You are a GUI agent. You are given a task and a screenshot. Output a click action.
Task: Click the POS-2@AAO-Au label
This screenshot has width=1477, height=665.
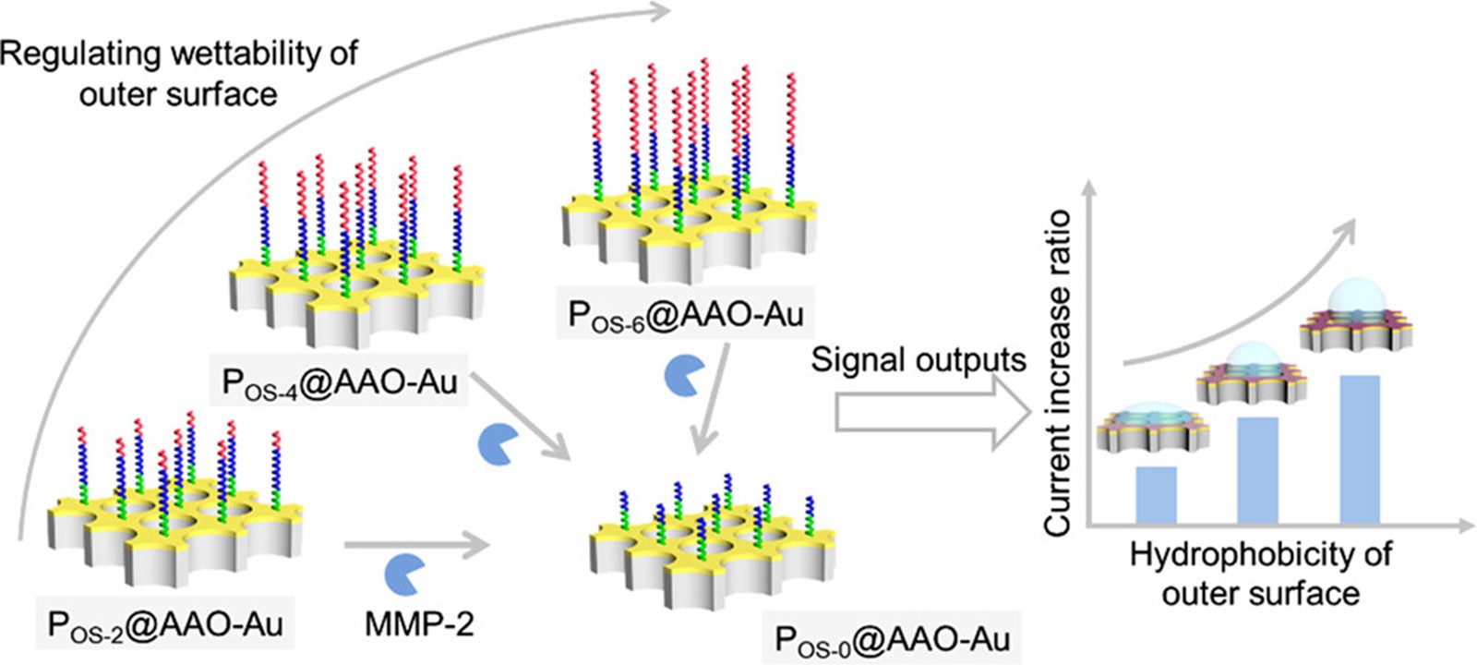(165, 624)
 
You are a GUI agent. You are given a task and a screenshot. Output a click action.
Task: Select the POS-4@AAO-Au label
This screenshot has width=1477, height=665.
(340, 381)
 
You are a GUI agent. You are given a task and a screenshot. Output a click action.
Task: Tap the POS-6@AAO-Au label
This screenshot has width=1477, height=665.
(686, 315)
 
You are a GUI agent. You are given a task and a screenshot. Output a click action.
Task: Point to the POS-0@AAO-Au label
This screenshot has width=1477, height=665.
(892, 638)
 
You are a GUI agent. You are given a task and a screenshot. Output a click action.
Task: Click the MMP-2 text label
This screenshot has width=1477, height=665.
(419, 624)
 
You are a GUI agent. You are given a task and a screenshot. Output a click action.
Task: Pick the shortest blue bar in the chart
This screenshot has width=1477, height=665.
(1156, 495)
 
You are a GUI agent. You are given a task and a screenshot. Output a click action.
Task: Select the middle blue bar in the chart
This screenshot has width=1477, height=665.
(1257, 470)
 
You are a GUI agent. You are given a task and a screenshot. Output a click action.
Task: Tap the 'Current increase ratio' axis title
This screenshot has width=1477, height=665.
(1058, 372)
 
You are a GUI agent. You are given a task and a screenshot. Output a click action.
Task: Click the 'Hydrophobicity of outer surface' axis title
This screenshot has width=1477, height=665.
(1260, 574)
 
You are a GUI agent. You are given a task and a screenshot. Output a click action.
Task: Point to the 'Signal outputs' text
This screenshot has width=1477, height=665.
(919, 359)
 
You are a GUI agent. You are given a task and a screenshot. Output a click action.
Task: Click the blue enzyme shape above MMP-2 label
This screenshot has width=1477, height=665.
(403, 574)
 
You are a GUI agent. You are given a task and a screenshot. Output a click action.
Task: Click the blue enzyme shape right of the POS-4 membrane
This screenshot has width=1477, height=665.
(497, 444)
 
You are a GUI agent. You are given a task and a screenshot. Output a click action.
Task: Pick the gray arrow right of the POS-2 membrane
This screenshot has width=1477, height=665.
(415, 546)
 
